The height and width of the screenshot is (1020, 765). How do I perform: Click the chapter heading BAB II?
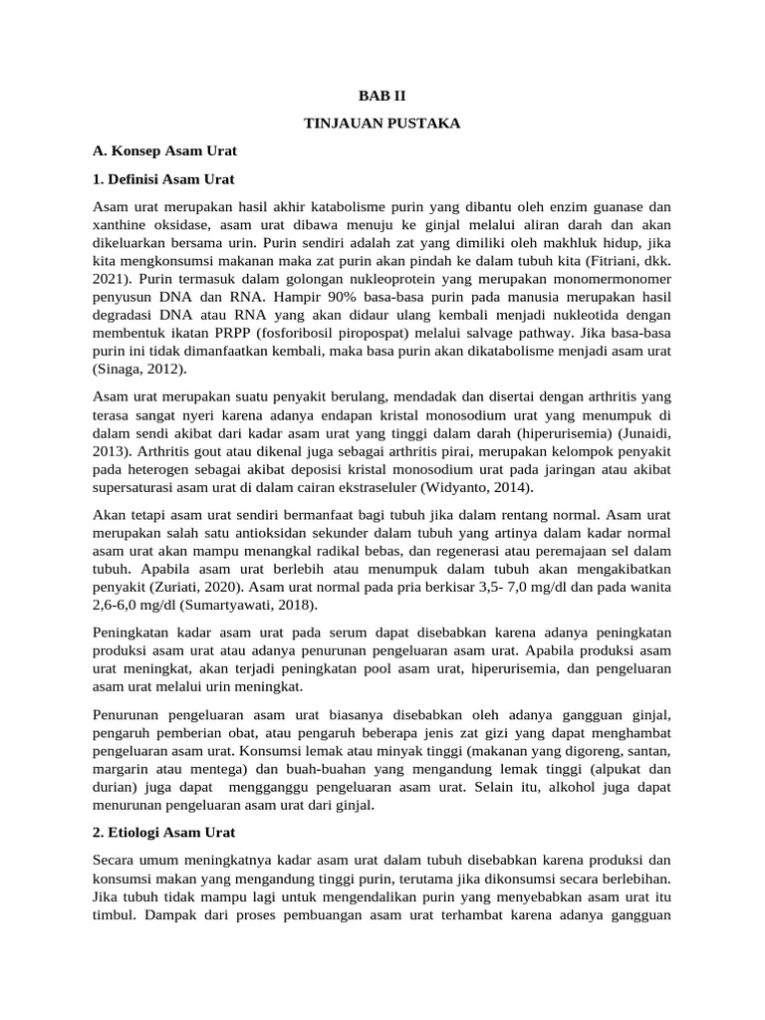click(382, 97)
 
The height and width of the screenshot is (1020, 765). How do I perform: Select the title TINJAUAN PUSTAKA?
click(382, 125)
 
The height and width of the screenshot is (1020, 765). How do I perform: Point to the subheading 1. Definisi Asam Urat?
click(163, 180)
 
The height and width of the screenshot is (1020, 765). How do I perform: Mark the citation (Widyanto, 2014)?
click(477, 487)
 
